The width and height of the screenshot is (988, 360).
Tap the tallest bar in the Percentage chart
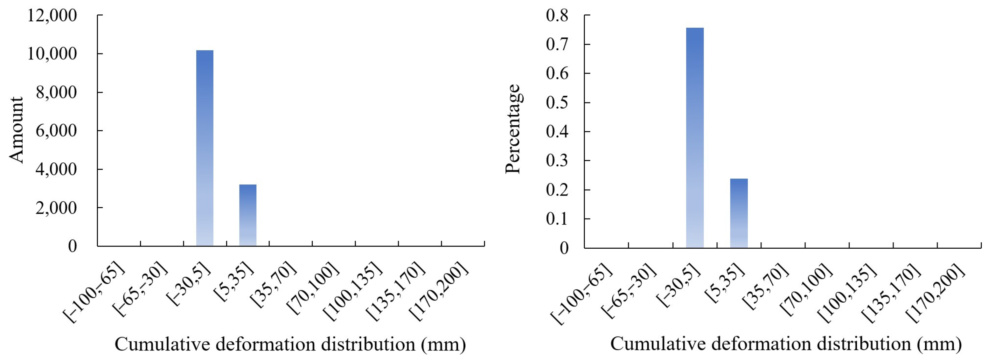tap(695, 138)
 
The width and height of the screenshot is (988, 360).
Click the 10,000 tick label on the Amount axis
tap(52, 54)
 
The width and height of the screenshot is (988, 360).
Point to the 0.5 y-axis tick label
tap(557, 103)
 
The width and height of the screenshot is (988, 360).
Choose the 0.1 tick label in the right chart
tap(557, 219)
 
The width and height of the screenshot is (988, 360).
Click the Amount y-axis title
tap(17, 130)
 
